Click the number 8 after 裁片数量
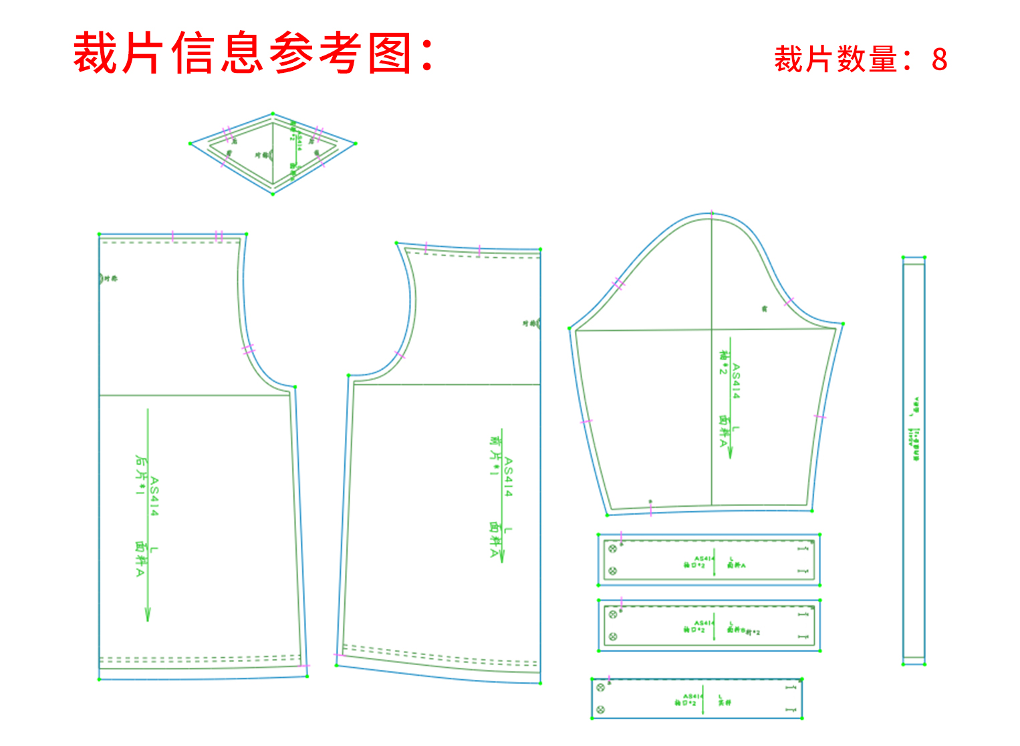(939, 60)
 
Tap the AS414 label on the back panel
(154, 496)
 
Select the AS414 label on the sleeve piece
(736, 381)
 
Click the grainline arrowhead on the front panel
(502, 555)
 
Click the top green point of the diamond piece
(273, 114)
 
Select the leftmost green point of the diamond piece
(190, 143)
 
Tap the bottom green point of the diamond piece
(273, 194)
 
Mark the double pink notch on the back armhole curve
(249, 349)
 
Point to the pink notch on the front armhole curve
(400, 355)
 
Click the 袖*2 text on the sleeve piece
(723, 362)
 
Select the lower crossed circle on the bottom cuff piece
(600, 709)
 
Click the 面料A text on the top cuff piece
(737, 566)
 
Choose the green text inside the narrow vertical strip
(916, 428)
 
